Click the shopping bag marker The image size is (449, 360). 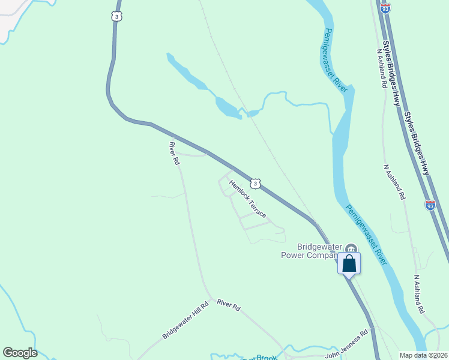tap(349, 263)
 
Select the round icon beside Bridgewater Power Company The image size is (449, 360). tap(351, 248)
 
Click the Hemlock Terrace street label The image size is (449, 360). tap(247, 201)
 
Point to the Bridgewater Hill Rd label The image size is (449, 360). tap(185, 320)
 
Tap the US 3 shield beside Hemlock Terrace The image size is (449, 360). tap(256, 183)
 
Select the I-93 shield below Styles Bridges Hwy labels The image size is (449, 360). tap(430, 205)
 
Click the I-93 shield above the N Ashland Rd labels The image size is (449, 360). tap(385, 8)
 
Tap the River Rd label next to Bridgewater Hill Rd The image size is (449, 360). tap(229, 305)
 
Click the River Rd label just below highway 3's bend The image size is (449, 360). tap(175, 153)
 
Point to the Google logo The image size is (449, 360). tap(20, 353)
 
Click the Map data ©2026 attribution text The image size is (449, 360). tap(424, 355)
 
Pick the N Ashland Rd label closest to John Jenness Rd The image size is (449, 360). tap(419, 295)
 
